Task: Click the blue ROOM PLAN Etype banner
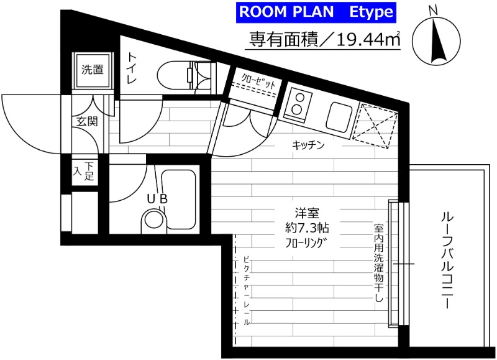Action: (x=316, y=12)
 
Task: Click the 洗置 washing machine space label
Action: (x=93, y=70)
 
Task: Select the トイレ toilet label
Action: (x=132, y=68)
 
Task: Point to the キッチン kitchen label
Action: (x=308, y=145)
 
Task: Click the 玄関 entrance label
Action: (x=87, y=121)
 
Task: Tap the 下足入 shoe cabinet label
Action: (x=84, y=171)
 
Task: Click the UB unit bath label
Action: (x=157, y=198)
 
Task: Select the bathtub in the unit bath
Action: (x=178, y=200)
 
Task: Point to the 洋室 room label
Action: (x=306, y=213)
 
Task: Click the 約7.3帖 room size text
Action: (x=306, y=228)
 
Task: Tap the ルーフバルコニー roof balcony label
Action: (x=446, y=261)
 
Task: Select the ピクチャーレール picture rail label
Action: (x=246, y=291)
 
